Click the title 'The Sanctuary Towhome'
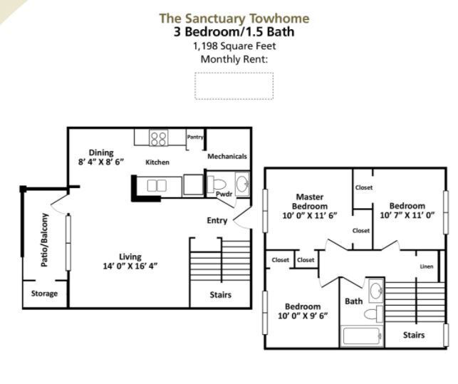point(234,18)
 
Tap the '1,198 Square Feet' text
point(234,46)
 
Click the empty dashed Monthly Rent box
point(234,85)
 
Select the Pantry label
point(195,137)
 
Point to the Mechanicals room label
point(227,156)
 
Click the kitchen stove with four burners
point(158,137)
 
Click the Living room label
point(130,256)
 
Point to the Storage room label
point(44,294)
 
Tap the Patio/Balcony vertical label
point(44,240)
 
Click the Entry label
point(217,220)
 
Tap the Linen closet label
point(426,266)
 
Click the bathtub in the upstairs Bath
point(363,336)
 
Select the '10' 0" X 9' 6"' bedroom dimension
point(302,316)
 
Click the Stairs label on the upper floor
point(414,334)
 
